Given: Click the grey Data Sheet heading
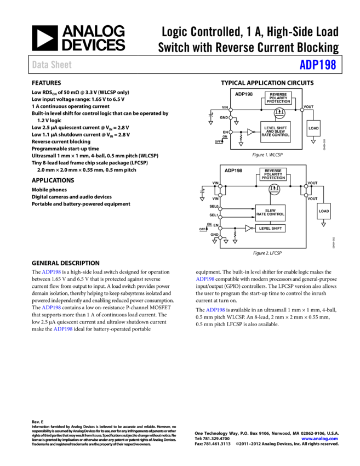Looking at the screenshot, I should click(x=52, y=65).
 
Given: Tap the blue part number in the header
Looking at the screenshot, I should click(x=317, y=65).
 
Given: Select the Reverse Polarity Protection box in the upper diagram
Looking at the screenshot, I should click(x=278, y=98).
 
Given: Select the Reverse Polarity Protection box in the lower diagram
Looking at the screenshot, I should click(x=273, y=174).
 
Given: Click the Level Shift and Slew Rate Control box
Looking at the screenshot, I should click(x=275, y=132).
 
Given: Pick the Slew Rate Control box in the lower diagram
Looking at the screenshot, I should click(x=270, y=213).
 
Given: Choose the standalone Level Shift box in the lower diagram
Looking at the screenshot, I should click(x=270, y=228).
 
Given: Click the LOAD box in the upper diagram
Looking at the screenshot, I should click(x=313, y=128).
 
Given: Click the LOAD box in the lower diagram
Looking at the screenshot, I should click(x=324, y=211).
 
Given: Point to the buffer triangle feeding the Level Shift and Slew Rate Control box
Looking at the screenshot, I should click(x=250, y=132).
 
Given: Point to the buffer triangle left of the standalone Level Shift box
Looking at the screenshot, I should click(x=248, y=228).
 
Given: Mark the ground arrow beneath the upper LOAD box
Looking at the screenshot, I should click(x=313, y=141).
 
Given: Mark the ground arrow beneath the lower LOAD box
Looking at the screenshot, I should click(x=323, y=224).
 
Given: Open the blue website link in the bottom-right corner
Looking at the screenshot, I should click(x=319, y=439).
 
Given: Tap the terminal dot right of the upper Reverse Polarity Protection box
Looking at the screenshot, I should click(x=302, y=110).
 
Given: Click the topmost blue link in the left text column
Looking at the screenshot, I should click(x=52, y=272).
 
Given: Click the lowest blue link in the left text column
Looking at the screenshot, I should click(x=63, y=329).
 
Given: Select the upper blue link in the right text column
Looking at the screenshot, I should click(x=205, y=280).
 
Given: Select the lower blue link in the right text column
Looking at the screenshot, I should click(x=215, y=310).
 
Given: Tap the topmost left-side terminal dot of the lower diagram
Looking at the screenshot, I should click(x=220, y=186).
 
